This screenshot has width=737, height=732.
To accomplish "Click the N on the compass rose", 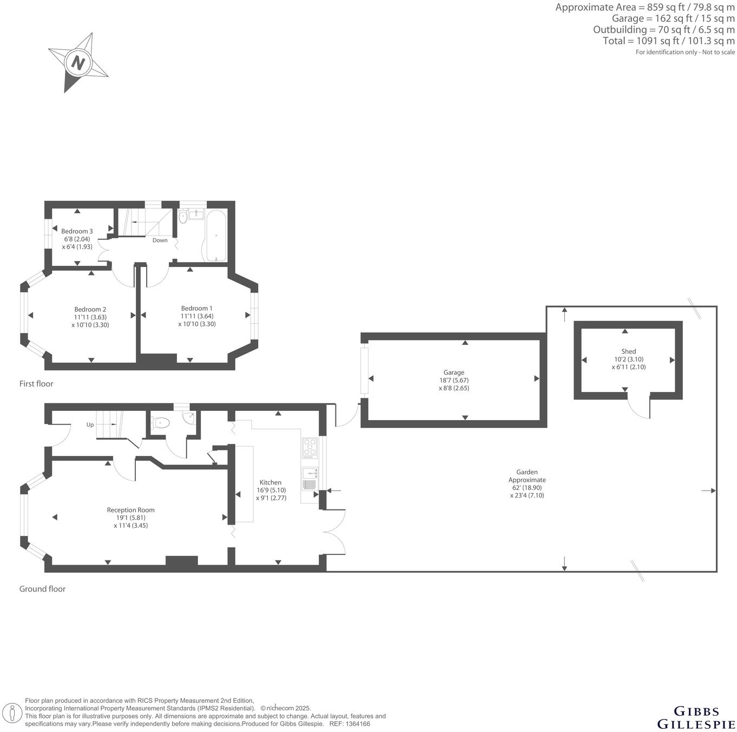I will pyautogui.click(x=78, y=63).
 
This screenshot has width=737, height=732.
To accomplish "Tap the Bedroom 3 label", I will pyautogui.click(x=77, y=231).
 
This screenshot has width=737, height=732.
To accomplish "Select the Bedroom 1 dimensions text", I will pyautogui.click(x=197, y=320).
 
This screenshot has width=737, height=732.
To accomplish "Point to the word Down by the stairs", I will pyautogui.click(x=160, y=240).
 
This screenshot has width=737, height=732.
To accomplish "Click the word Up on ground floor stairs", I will pyautogui.click(x=90, y=424).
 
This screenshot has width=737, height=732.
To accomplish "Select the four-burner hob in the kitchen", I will pyautogui.click(x=310, y=447).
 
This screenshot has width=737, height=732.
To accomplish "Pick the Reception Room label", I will pyautogui.click(x=130, y=510).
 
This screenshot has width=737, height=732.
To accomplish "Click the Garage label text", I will pyautogui.click(x=453, y=372).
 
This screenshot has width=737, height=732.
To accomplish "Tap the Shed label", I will pyautogui.click(x=629, y=351).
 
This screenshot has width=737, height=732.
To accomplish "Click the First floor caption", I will pyautogui.click(x=36, y=384).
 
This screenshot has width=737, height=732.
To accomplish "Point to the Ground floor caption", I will pyautogui.click(x=42, y=589).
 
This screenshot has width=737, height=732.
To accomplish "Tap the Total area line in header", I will pyautogui.click(x=669, y=41).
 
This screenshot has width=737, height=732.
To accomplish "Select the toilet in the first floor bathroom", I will pyautogui.click(x=183, y=217).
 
